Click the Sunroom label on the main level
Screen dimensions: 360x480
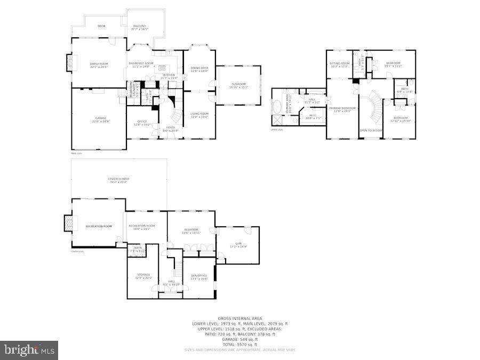[238, 84]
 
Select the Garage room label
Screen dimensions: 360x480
[101, 118]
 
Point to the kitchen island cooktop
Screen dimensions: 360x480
[164, 69]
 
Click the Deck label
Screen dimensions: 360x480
[101, 26]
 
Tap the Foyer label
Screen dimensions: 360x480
[170, 127]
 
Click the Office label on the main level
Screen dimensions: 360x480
[142, 121]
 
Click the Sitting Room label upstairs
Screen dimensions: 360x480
[339, 63]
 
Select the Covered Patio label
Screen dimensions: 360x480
[118, 179]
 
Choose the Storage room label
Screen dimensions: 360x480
[143, 275]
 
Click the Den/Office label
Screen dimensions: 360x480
[199, 275]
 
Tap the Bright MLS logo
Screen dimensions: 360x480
[29, 350]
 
